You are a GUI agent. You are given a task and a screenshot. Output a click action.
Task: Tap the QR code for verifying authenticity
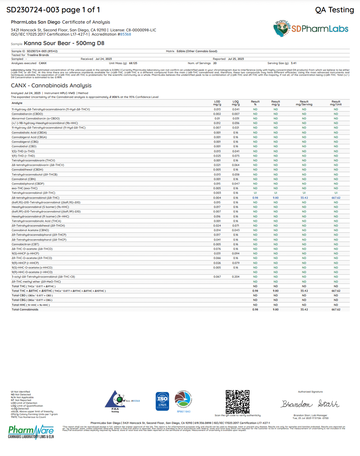(237, 402)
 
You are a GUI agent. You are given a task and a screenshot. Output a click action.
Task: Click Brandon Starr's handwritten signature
(310, 404)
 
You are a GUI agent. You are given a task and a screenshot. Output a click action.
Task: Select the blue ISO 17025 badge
(162, 401)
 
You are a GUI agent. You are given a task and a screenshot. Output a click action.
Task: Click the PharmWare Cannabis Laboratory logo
(31, 432)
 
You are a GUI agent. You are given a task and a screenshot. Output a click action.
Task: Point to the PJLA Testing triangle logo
(115, 401)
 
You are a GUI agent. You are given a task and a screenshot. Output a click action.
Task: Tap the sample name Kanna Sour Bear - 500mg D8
(64, 43)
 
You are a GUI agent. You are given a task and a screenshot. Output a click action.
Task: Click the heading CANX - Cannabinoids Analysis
(51, 86)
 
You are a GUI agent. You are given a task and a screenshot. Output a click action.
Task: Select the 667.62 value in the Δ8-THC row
(336, 198)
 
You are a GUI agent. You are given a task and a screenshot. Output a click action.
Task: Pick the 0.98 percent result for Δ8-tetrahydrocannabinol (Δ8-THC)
(255, 198)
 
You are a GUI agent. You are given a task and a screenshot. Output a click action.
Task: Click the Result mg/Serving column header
(304, 103)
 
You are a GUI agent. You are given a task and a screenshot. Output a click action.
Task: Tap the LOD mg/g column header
(217, 103)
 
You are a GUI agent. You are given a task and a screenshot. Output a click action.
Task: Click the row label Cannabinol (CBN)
(24, 179)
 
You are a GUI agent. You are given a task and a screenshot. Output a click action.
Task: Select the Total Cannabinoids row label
(25, 309)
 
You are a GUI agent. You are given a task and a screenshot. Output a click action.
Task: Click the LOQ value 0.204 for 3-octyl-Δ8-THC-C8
(236, 277)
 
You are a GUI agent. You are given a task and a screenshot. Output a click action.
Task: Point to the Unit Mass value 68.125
(133, 63)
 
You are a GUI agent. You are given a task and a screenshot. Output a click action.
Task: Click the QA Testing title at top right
(334, 10)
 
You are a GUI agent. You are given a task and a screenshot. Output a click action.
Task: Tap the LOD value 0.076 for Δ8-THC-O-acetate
(217, 249)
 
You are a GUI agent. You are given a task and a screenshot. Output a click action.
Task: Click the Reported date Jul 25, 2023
(236, 59)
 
